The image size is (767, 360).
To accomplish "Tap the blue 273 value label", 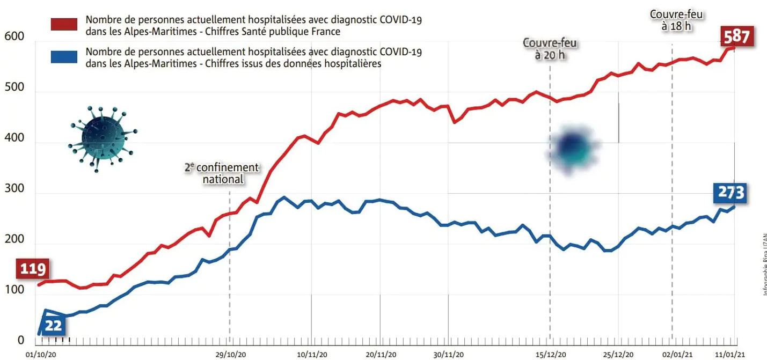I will pyautogui.click(x=731, y=193).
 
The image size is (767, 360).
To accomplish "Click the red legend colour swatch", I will pyautogui.click(x=64, y=25).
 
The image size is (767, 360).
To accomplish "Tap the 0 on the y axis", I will pyautogui.click(x=20, y=341).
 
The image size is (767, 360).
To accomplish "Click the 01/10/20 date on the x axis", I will pyautogui.click(x=40, y=355).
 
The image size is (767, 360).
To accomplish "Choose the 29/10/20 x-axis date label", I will pyautogui.click(x=230, y=355).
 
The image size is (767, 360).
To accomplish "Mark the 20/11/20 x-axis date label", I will pyautogui.click(x=381, y=355).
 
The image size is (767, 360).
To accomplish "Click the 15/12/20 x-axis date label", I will pyautogui.click(x=550, y=355).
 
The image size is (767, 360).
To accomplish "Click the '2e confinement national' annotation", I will pyautogui.click(x=222, y=173).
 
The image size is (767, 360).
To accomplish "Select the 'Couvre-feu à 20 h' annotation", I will pyautogui.click(x=550, y=49).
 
